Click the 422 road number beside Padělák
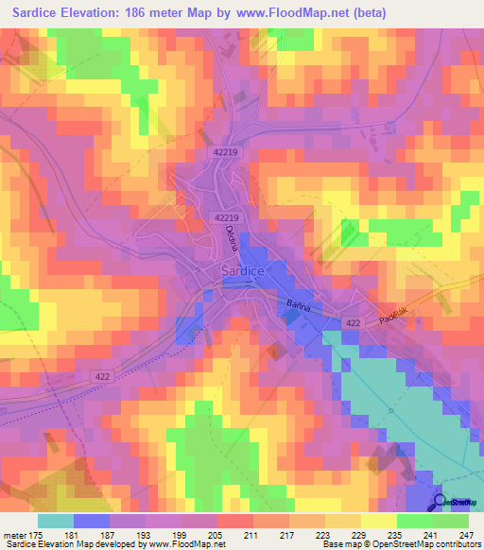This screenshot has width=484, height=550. pos(353,322)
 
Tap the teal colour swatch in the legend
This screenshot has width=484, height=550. pos(56,520)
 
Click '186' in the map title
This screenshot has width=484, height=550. pos(162,14)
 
